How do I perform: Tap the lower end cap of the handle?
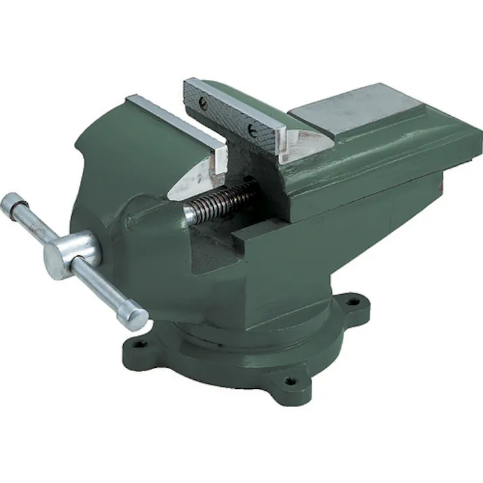(135, 317)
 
